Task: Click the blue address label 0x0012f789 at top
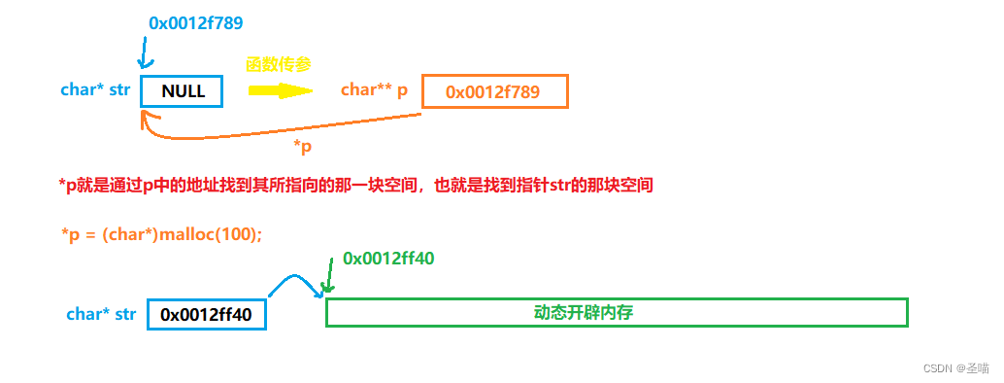click(202, 21)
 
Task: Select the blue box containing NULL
click(182, 91)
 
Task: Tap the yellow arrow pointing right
click(280, 90)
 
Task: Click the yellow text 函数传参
click(280, 64)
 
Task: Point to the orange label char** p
click(374, 90)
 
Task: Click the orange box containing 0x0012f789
click(494, 91)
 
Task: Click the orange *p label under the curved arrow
click(303, 146)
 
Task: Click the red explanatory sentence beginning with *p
click(355, 185)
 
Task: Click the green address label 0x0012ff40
click(388, 260)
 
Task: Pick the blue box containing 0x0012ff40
click(206, 314)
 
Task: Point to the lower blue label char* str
click(101, 314)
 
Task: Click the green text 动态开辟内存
click(590, 313)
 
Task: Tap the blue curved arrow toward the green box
click(293, 284)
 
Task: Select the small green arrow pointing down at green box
click(330, 279)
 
